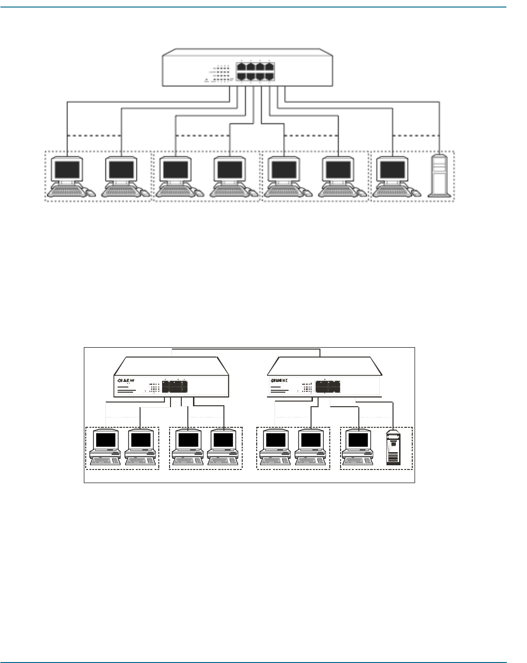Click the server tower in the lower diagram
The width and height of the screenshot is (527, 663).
[393, 449]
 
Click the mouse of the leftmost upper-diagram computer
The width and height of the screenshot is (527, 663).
[90, 192]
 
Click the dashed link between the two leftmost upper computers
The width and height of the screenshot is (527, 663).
[94, 136]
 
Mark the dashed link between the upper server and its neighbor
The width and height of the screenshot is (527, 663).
[416, 136]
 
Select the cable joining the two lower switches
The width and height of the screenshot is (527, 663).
[246, 350]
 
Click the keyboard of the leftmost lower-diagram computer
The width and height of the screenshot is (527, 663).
[105, 460]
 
